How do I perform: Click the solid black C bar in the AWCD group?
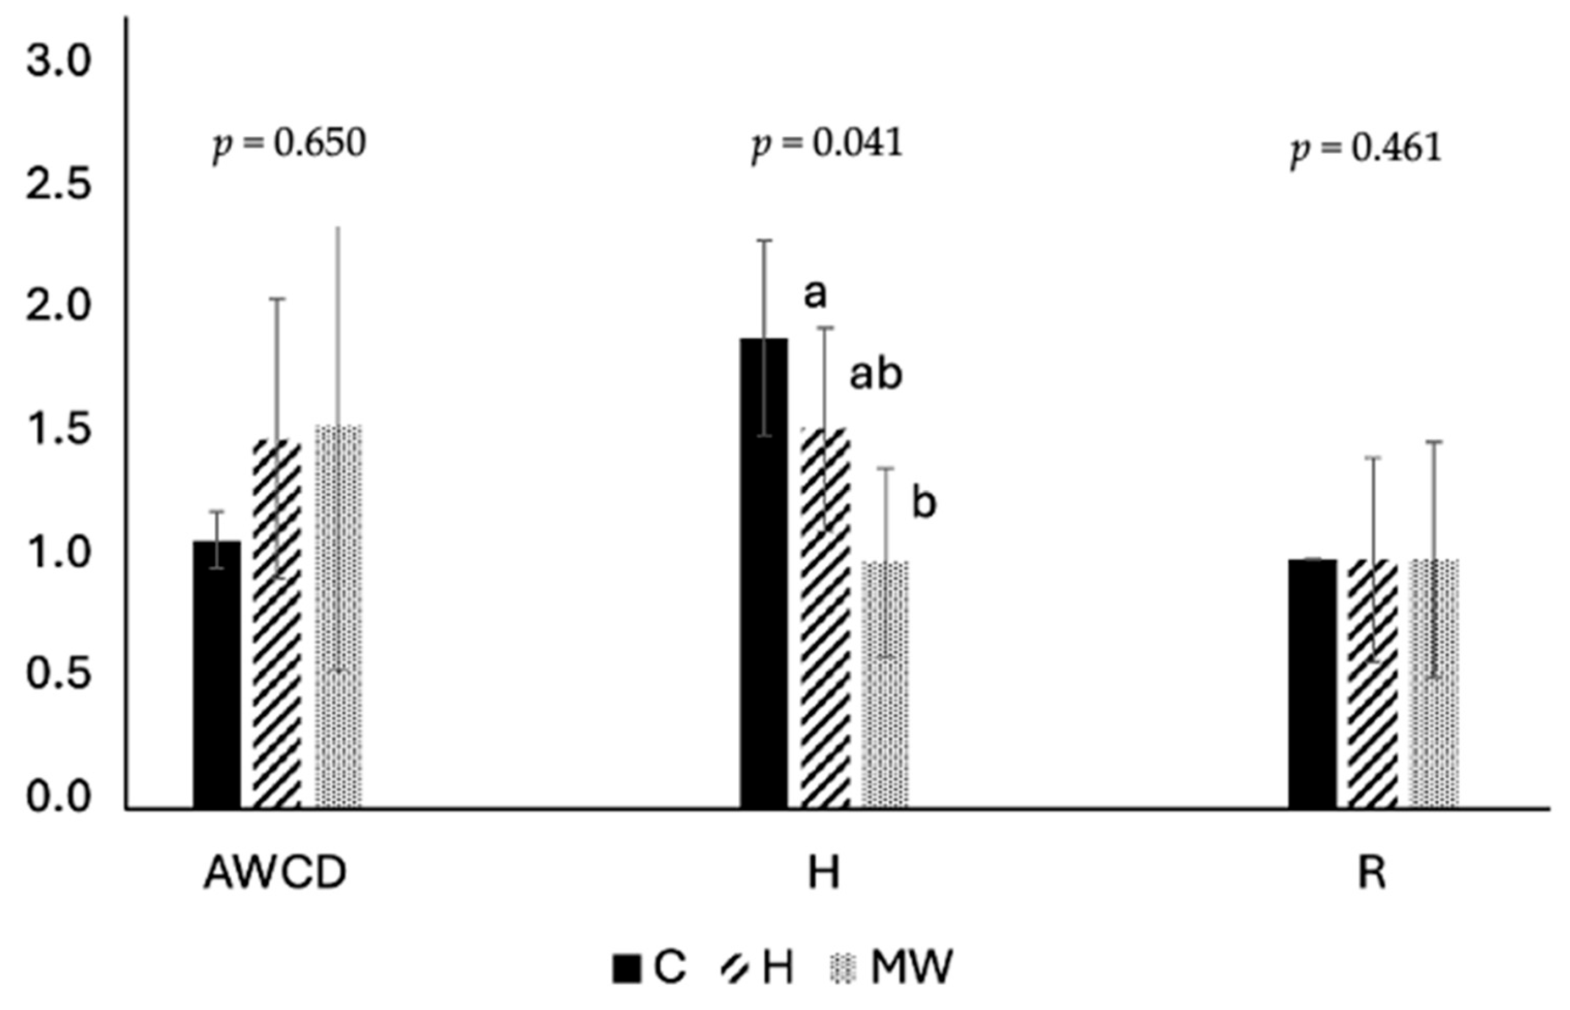216,676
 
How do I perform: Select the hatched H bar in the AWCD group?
277,623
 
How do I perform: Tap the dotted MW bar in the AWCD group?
338,617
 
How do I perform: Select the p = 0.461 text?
1366,149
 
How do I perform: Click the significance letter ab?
876,375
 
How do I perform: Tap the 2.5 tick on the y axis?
57,186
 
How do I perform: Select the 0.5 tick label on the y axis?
57,676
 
